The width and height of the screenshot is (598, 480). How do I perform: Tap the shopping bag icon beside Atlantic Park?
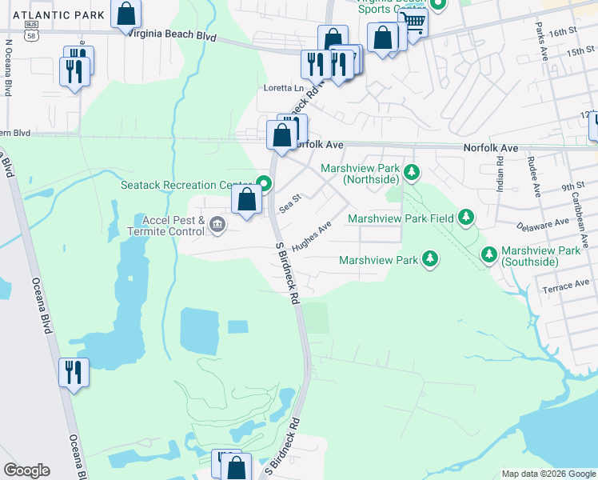point(126,14)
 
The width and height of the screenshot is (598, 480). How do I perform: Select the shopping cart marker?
point(413,22)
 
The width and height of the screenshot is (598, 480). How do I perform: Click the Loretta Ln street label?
point(285,88)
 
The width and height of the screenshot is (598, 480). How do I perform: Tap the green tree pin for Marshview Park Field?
point(466,218)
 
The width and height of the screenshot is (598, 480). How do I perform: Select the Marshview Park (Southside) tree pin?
point(489,254)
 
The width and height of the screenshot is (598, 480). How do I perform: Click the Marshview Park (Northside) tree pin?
point(412,172)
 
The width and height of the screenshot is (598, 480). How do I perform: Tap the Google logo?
point(26,470)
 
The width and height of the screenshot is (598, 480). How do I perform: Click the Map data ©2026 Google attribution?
point(548,474)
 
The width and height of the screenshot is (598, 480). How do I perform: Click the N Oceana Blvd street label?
point(8,77)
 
